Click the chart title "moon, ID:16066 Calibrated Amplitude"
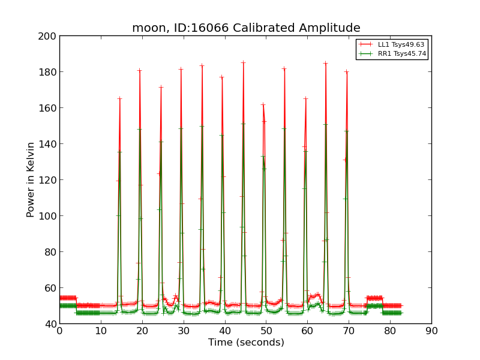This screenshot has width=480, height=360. (x=246, y=28)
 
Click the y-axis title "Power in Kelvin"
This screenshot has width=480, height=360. (x=31, y=179)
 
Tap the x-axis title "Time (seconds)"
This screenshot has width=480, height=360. (x=246, y=343)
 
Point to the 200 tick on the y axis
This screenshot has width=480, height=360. (x=49, y=36)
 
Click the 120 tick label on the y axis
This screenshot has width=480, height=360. (x=49, y=180)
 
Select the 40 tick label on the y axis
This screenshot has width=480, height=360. (x=51, y=324)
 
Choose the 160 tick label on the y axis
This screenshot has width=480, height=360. (x=49, y=108)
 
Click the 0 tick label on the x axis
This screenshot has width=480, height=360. (x=59, y=331)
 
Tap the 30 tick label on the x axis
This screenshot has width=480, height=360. (x=184, y=331)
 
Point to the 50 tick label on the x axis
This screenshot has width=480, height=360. (x=266, y=331)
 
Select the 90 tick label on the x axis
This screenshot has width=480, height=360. (x=431, y=331)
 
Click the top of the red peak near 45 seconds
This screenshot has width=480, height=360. (x=243, y=62)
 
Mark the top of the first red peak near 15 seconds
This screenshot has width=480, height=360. (x=119, y=98)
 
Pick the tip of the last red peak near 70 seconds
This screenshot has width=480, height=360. (x=346, y=72)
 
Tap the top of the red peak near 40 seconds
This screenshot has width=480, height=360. (x=221, y=77)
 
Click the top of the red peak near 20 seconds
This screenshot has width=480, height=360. (x=139, y=70)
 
